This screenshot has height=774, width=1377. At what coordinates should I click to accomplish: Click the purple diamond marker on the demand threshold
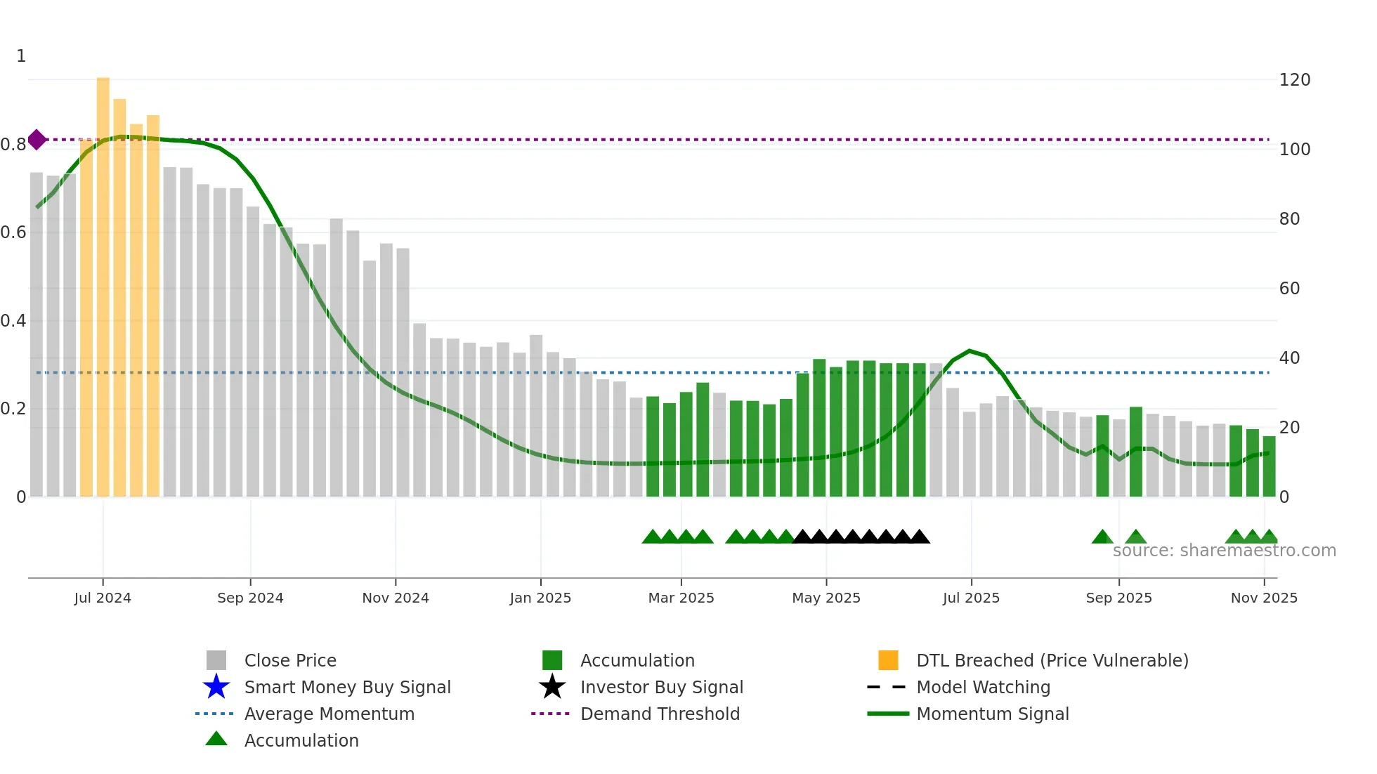(37, 140)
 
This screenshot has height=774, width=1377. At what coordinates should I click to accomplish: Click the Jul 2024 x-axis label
(103, 598)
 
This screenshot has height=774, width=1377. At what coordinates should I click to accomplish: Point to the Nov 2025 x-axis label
(1264, 598)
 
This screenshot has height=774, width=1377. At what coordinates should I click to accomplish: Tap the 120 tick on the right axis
(1294, 80)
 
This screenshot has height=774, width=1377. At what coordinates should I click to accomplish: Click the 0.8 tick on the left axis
(14, 145)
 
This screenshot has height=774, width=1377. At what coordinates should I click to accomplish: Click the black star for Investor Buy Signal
(552, 687)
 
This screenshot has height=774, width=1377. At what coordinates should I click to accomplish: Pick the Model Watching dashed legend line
(886, 687)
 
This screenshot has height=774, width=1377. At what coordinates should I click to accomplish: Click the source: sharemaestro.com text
(1224, 551)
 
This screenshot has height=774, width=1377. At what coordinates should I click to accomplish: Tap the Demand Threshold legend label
(660, 714)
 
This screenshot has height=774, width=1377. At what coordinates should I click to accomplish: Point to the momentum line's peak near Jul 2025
(970, 350)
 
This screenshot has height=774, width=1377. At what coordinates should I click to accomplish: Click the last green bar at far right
(1269, 466)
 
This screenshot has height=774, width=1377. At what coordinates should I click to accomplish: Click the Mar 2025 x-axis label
(681, 598)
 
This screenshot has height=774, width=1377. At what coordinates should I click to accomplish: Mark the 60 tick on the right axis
(1289, 289)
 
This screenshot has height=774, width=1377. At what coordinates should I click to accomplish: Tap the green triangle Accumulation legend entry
(216, 740)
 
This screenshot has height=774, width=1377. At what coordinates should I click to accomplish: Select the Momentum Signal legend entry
(992, 714)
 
